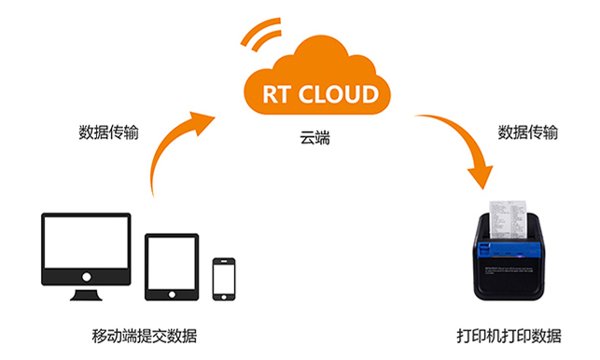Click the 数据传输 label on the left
(x=108, y=132)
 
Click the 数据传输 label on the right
(x=528, y=132)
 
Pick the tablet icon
(x=173, y=266)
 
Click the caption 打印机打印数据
(x=509, y=335)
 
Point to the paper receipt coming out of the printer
(x=509, y=205)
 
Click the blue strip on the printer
(x=509, y=250)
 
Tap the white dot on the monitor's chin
(x=87, y=277)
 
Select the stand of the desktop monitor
(x=87, y=294)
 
